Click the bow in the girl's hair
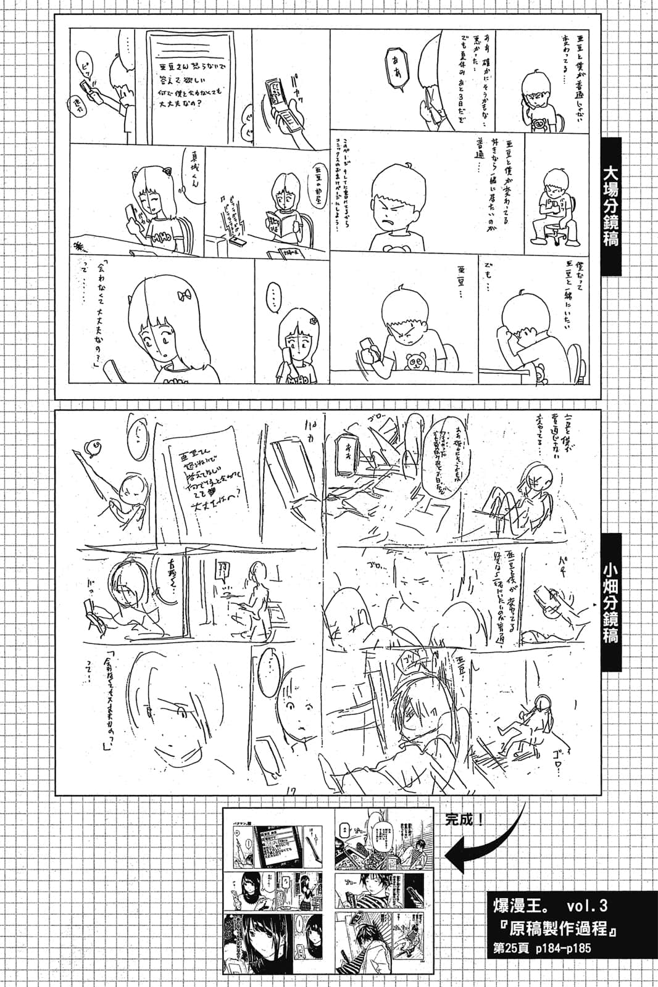point(184,295)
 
